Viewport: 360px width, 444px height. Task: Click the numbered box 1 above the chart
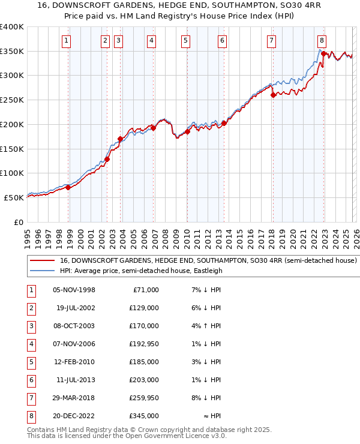click(65, 41)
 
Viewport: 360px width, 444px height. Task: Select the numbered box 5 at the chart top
click(185, 41)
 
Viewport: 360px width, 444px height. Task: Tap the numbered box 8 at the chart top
click(322, 41)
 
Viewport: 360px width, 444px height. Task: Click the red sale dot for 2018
click(273, 95)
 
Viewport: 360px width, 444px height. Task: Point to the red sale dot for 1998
click(68, 187)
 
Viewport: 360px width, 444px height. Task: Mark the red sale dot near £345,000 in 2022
click(323, 53)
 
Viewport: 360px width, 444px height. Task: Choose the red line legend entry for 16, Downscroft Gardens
click(208, 261)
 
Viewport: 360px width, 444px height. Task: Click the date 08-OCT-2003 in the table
click(74, 326)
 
